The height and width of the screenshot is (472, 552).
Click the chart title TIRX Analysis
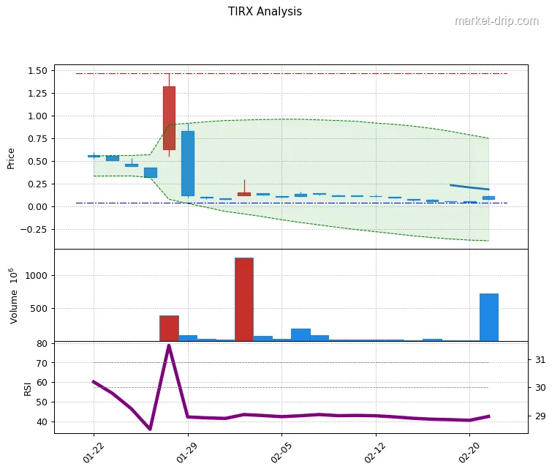tap(265, 12)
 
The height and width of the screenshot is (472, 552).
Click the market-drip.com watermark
tap(496, 20)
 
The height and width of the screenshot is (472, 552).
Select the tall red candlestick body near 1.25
tap(169, 118)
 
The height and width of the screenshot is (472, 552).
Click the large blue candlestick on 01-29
tap(188, 163)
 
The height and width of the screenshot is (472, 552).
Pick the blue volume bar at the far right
tap(488, 317)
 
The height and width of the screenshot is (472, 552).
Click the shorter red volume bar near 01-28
tap(169, 328)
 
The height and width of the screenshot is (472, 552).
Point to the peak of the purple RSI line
tap(169, 345)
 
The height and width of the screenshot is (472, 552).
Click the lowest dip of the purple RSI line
tap(150, 429)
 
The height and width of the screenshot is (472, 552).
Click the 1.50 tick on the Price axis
tap(37, 71)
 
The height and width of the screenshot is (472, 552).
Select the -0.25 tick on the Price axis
tap(34, 229)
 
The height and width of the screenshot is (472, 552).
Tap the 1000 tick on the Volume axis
tap(37, 275)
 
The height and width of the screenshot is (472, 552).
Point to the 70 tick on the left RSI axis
tap(41, 363)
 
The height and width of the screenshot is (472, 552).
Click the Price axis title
tap(11, 158)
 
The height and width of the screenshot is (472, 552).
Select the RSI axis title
tap(28, 388)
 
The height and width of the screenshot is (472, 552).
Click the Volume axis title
tap(12, 296)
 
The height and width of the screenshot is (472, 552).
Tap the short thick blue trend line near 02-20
tap(469, 187)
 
